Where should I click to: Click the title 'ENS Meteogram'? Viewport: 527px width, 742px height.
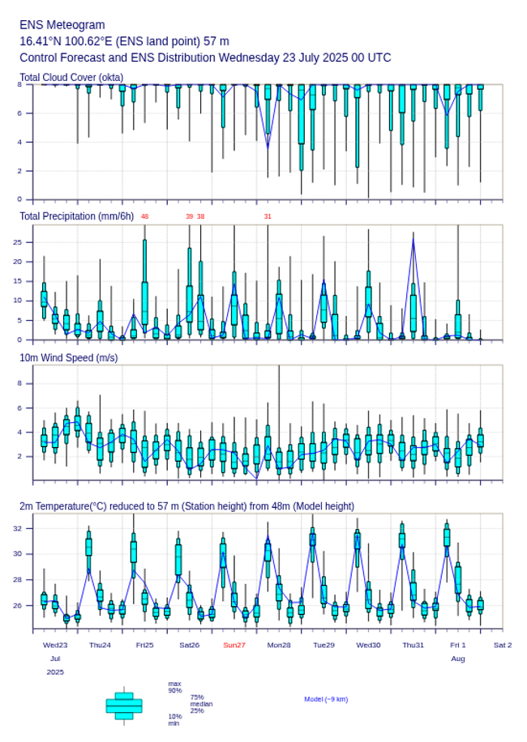point(62,25)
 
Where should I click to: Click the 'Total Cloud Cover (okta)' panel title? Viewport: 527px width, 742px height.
point(71,77)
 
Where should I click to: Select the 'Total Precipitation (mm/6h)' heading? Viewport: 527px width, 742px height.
point(76,216)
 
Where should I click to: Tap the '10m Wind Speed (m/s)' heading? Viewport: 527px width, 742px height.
point(68,357)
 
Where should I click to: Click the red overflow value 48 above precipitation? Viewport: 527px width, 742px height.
point(144,216)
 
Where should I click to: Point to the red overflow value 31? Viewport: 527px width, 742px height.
point(268,216)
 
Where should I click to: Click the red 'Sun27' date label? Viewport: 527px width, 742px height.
point(234,645)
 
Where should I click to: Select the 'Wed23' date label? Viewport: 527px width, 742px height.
point(55,645)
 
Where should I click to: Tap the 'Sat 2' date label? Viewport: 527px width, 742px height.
point(503,645)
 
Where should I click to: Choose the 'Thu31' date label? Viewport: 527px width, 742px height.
point(413,645)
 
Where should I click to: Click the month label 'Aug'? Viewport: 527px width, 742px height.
point(458,659)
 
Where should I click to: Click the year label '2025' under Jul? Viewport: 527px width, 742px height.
point(55,672)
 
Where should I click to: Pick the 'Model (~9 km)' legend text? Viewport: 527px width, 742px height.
point(326,699)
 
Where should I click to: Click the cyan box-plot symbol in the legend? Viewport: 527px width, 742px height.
point(124,706)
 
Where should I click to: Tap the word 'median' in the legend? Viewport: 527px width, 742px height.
point(201,704)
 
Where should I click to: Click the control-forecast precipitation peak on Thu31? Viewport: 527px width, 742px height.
point(413,236)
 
